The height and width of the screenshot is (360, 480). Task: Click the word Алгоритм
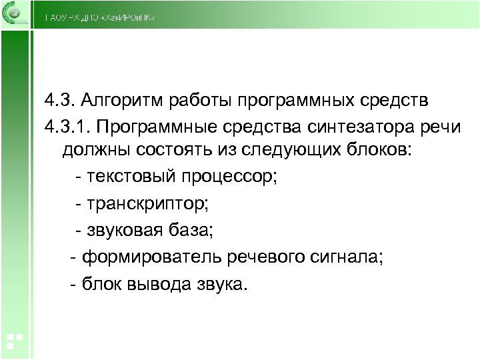(124, 101)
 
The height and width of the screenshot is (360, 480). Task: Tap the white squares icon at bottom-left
(15, 341)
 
